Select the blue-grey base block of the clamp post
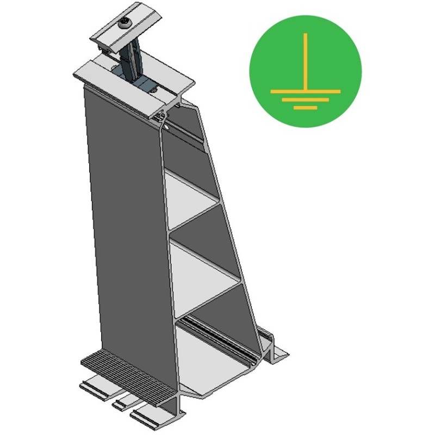click(143, 82)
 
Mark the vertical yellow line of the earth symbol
click(306, 60)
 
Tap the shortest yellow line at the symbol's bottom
click(306, 107)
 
